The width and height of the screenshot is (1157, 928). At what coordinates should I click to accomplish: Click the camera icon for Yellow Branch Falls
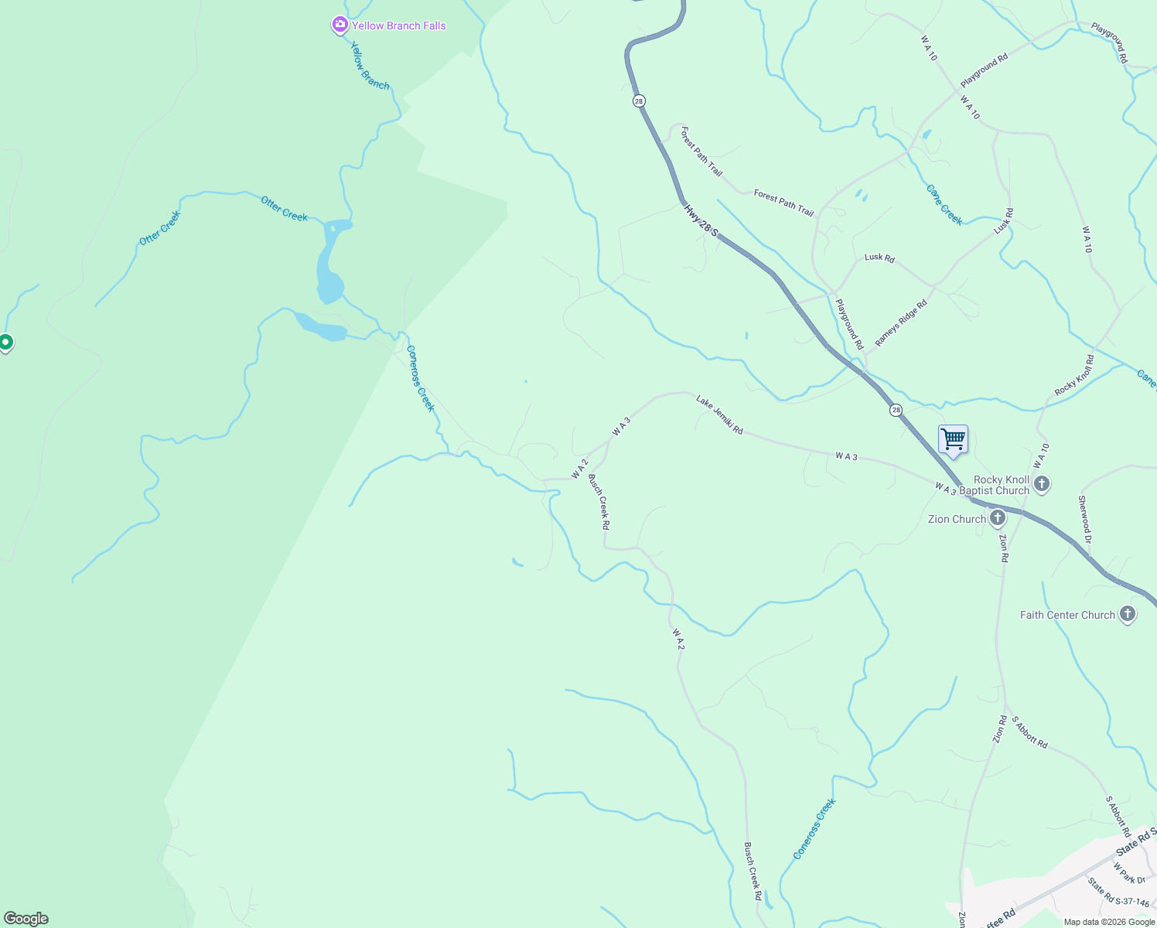pos(340,26)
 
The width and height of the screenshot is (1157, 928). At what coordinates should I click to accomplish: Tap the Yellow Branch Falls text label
pos(399,26)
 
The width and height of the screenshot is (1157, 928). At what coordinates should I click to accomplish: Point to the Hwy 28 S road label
pos(701,221)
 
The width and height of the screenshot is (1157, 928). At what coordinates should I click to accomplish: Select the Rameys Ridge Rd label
pos(901,323)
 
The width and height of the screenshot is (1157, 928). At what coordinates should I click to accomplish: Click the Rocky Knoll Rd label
pos(1075,376)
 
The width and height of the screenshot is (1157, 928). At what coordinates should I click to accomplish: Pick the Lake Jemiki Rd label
pos(719,415)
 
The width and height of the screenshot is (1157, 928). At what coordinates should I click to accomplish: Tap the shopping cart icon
pos(954,439)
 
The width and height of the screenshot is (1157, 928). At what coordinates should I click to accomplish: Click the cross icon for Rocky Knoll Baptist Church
pos(1042,484)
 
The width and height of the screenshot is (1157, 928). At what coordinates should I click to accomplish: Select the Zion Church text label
pos(957,519)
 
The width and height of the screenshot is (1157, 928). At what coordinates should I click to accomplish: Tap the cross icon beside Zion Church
pos(998,518)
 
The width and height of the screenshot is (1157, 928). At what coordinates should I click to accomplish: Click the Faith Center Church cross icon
pos(1128,615)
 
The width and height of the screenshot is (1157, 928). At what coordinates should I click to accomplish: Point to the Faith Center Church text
pos(1067,615)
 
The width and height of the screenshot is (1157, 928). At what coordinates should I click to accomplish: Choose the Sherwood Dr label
pos(1084,520)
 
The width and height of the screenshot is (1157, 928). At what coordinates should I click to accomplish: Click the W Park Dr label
pos(1129,873)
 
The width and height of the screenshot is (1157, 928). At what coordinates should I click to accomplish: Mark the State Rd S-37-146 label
pos(1118,892)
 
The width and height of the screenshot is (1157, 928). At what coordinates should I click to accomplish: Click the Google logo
pos(26,919)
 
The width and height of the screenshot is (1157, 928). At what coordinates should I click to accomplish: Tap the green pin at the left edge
pos(5,341)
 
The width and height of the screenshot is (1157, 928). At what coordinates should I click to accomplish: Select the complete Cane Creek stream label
pos(944,205)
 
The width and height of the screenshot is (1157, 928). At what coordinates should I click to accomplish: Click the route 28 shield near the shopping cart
pos(896,410)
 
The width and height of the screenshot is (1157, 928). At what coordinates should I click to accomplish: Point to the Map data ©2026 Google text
pos(1109,922)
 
